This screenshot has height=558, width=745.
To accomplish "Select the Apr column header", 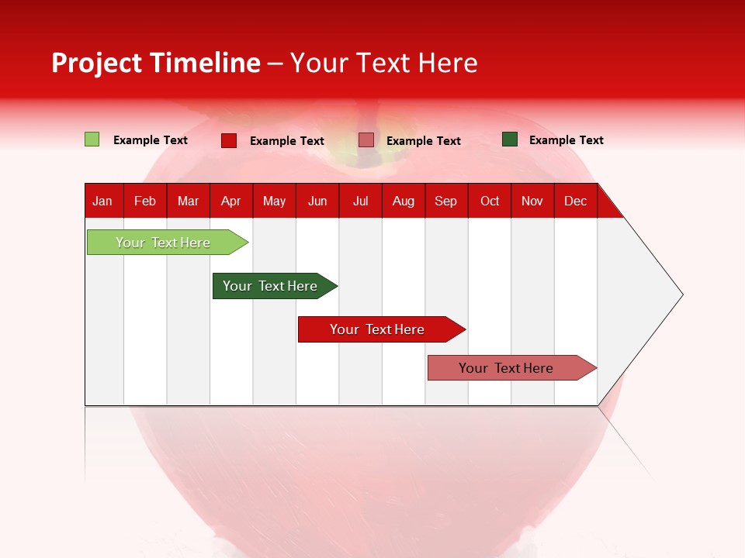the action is click(231, 201).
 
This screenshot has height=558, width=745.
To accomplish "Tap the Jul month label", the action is click(361, 201).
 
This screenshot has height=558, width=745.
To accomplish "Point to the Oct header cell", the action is click(490, 201).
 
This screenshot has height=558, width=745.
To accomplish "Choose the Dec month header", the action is click(576, 201).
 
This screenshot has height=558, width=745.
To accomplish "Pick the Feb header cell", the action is click(145, 201).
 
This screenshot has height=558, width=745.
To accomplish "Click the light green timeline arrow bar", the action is click(168, 243).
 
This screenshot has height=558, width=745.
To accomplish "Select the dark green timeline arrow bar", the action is click(275, 286).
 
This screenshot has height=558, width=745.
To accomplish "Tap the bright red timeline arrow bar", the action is click(382, 329).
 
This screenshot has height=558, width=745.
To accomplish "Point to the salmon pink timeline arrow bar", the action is click(512, 367).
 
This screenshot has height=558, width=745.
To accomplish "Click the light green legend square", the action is click(92, 139).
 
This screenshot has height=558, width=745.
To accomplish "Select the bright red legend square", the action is click(229, 140).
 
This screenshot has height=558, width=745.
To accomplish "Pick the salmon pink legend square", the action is click(366, 140).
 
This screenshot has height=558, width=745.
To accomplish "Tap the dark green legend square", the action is click(510, 139).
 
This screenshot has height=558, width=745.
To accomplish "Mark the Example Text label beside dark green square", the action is click(567, 140).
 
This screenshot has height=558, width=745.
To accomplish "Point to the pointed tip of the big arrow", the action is click(683, 294).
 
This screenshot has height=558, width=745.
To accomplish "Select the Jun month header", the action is click(317, 201).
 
